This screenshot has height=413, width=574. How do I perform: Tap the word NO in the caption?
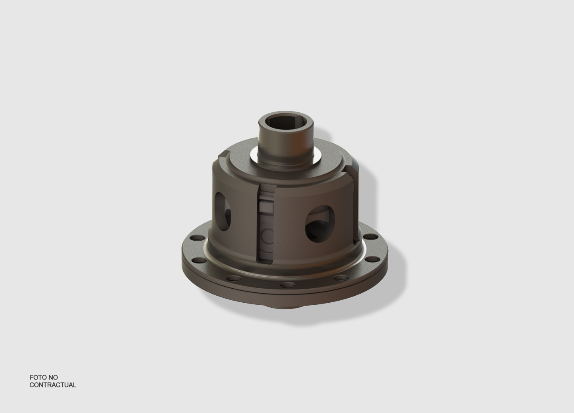click(53, 377)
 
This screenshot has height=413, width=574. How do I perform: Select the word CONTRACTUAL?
click(53, 385)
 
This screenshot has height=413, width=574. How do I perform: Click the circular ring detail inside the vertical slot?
click(267, 234)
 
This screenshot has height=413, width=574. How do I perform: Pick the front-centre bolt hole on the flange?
click(288, 285)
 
